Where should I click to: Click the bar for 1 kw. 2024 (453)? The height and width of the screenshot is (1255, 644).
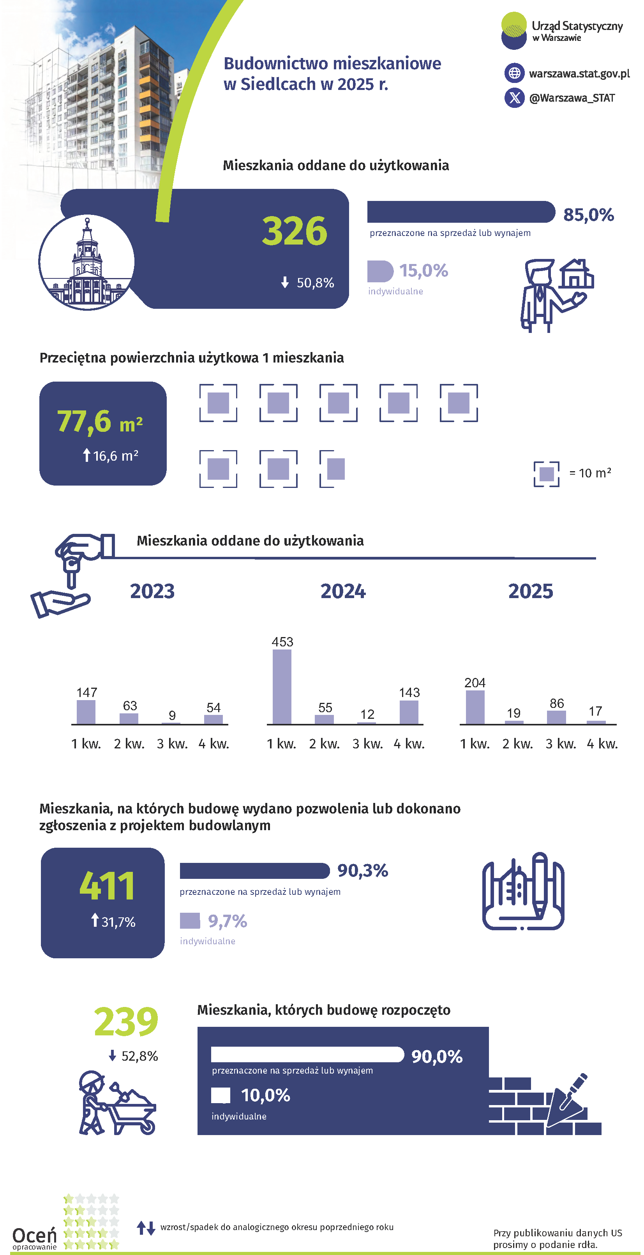(x=282, y=686)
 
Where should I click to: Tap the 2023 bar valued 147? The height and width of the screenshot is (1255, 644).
(x=86, y=712)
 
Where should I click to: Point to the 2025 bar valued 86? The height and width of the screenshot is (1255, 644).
(x=556, y=717)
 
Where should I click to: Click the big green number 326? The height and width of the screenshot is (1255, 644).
(x=295, y=231)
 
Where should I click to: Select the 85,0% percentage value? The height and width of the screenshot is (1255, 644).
(x=588, y=215)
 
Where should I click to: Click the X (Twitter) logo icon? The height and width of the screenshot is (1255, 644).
(x=514, y=98)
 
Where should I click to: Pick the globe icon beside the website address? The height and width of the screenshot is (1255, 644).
(x=514, y=73)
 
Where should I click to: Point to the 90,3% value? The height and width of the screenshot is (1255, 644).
(x=363, y=871)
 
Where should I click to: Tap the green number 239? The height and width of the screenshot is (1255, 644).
(x=126, y=1022)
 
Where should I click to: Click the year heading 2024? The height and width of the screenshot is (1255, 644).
(x=343, y=591)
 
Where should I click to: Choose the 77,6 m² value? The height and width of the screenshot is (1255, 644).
(x=99, y=422)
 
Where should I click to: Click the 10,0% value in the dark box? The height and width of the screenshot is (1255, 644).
(x=266, y=1096)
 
